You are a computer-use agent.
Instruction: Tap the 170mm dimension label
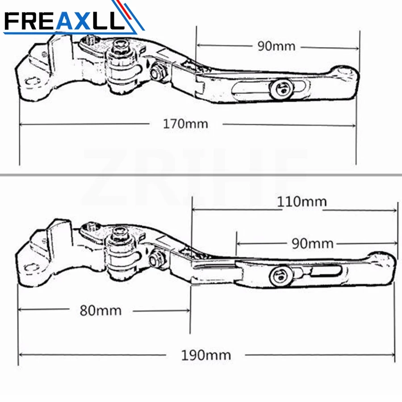pyautogui.click(x=185, y=123)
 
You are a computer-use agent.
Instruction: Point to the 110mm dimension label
pyautogui.click(x=301, y=201)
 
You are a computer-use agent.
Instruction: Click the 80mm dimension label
pyautogui.click(x=100, y=310)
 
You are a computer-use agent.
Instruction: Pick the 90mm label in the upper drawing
pyautogui.click(x=276, y=46)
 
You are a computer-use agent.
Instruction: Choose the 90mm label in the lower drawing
pyautogui.click(x=312, y=243)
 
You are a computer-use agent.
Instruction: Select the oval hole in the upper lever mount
pyautogui.click(x=32, y=81)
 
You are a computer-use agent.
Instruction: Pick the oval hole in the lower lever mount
pyautogui.click(x=32, y=268)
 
